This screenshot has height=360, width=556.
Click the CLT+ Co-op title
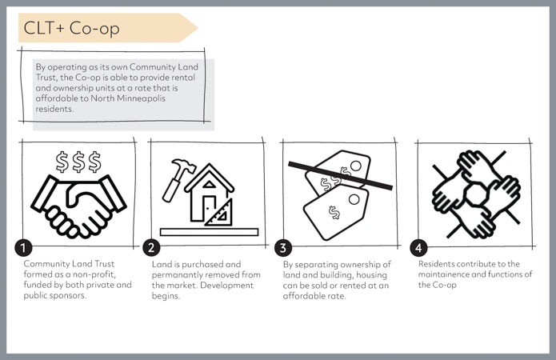pos(72,28)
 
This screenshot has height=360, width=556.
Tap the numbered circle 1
pos(23,247)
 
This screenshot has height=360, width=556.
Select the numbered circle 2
pos(151,247)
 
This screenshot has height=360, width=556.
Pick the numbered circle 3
pos(283,247)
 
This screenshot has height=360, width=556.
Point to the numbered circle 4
pos(418,247)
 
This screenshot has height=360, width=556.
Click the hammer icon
pos(178,180)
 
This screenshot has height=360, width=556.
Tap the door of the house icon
pos(209,208)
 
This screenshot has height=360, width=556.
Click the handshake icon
pos(78,206)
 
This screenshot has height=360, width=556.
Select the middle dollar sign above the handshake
pos(78,162)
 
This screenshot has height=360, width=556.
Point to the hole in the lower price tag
pos(354,199)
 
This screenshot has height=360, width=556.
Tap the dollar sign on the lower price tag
pos(334,213)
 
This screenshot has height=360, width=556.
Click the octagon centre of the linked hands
pos(476,194)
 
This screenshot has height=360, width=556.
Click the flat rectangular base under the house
pos(210,232)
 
